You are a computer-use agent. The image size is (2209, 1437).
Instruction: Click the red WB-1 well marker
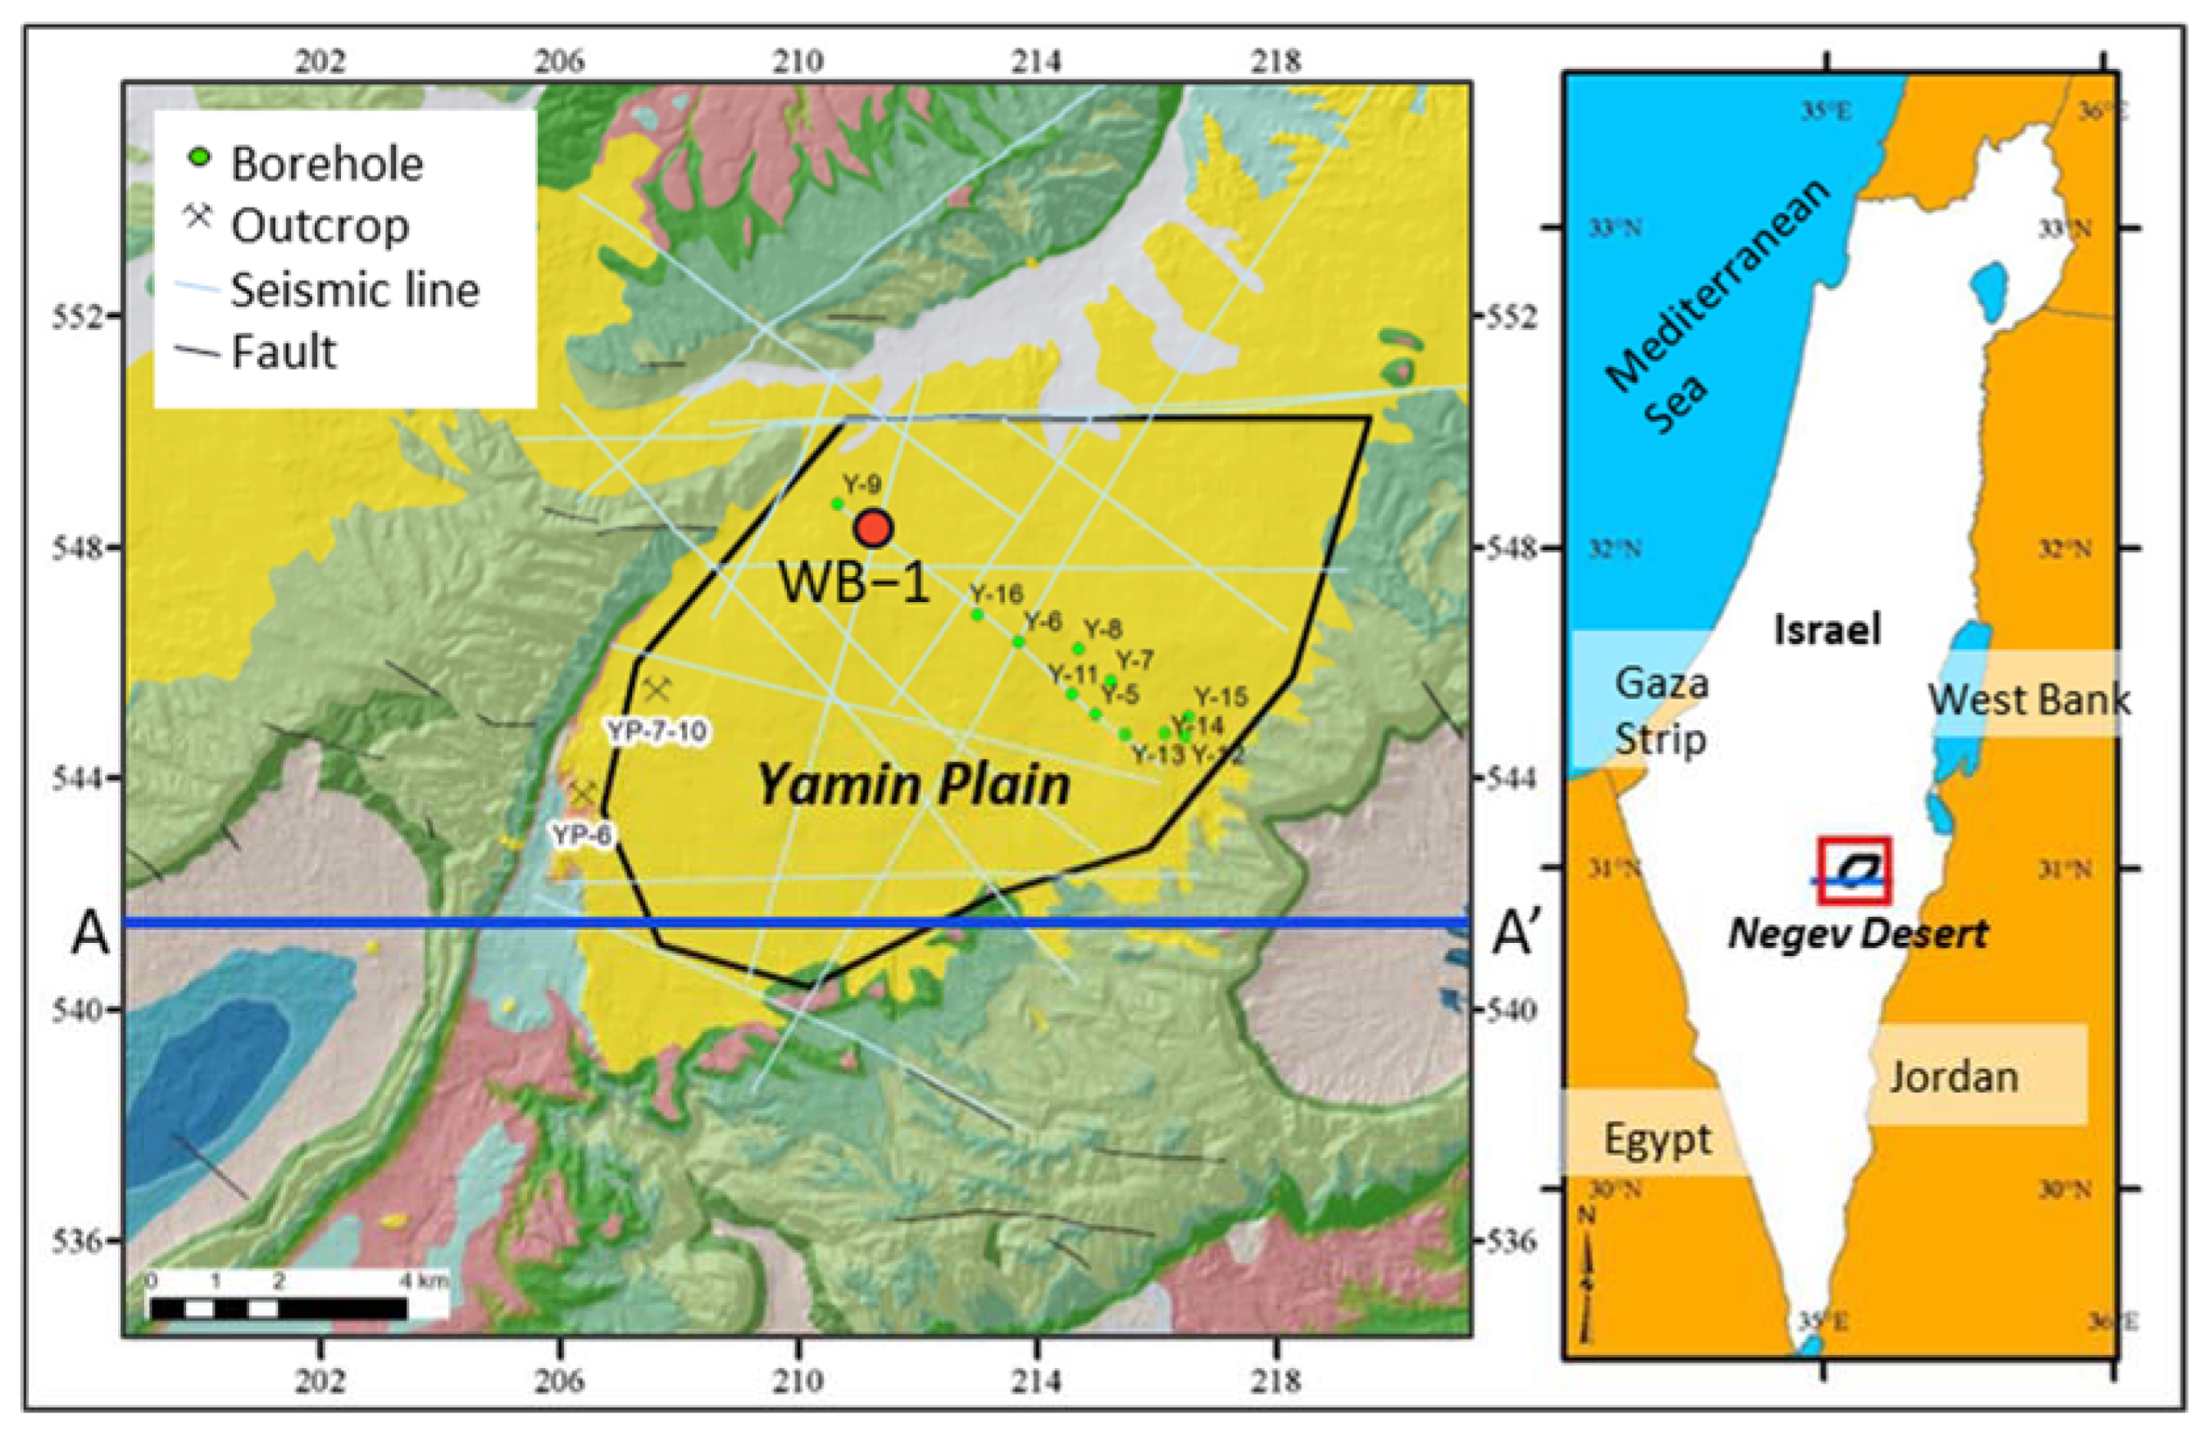click(874, 528)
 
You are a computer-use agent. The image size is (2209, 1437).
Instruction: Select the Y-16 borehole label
click(996, 594)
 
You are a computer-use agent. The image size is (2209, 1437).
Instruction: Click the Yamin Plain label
click(914, 785)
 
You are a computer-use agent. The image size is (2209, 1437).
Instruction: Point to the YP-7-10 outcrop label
click(657, 732)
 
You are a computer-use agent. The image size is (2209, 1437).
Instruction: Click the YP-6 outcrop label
click(582, 835)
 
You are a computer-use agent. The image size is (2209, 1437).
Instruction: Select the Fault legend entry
click(283, 351)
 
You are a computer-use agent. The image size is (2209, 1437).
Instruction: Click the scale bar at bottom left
click(279, 1309)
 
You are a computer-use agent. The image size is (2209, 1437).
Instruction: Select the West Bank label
click(2029, 699)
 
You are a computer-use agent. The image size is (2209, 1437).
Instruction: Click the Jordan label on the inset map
click(1954, 1077)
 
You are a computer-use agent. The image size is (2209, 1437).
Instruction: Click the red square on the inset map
click(1853, 870)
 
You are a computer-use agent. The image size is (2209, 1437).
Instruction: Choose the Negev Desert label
click(1857, 933)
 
